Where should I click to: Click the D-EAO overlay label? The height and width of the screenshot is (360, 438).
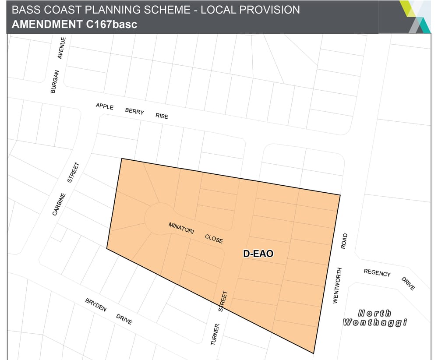tap(258, 254)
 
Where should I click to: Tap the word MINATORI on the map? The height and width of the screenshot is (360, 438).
tap(181, 228)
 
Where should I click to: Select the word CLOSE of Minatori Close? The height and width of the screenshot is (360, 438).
tap(214, 239)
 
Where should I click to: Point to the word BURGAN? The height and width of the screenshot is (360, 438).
tap(55, 81)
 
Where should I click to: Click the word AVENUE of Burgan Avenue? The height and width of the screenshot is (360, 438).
tap(62, 48)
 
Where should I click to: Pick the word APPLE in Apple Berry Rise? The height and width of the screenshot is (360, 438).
tap(105, 106)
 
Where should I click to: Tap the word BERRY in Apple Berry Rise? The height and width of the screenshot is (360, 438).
tap(134, 111)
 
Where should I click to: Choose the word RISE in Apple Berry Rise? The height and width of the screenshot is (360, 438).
tap(162, 116)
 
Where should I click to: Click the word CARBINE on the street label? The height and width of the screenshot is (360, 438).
tap(59, 204)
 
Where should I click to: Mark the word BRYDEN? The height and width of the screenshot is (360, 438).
tap(96, 305)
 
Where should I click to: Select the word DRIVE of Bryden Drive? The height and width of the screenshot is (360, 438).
tap(124, 319)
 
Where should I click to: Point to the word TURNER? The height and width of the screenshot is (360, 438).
tap(214, 334)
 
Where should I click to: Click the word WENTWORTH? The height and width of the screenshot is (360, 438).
tap(336, 286)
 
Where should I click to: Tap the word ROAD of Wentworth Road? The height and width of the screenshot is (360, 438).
tap(344, 241)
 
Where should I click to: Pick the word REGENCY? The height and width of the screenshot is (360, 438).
tap(377, 273)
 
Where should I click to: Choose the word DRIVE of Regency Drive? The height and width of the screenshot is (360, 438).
tap(408, 283)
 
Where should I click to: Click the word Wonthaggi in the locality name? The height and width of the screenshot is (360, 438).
tap(375, 323)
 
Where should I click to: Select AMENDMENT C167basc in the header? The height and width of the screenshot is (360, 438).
tap(74, 24)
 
